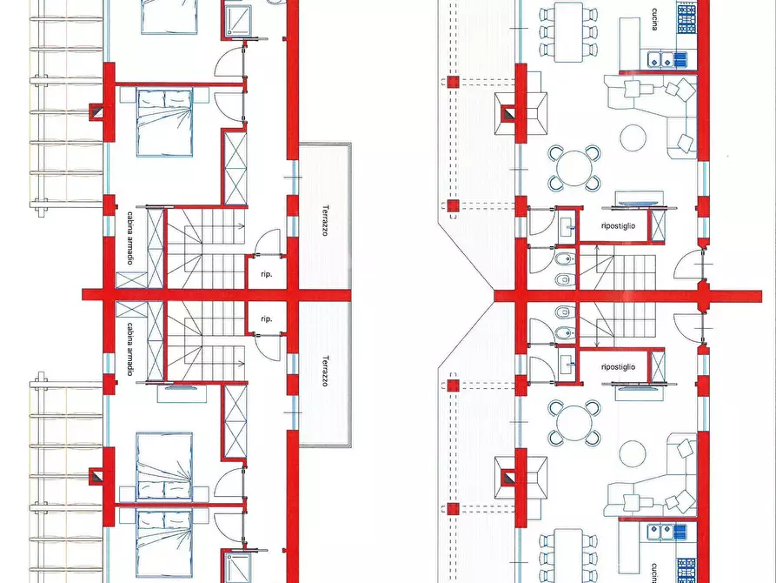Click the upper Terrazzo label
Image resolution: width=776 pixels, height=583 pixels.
325,221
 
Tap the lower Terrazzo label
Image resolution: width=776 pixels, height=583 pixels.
325,371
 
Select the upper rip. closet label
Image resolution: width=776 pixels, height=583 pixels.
266,274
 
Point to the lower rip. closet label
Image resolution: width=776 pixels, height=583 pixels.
266,318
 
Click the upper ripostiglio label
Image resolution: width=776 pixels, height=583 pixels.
618,226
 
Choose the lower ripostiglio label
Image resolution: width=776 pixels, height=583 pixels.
618,367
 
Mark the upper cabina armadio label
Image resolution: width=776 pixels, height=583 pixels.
129,238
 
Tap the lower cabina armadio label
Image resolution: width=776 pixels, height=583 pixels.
129,350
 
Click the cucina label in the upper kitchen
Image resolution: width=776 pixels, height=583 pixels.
654,19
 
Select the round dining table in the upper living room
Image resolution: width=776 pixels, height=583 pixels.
574,168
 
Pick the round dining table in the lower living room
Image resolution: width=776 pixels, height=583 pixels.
574,423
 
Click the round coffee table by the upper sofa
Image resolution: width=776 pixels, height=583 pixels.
633,137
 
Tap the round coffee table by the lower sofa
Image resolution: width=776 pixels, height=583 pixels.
633,453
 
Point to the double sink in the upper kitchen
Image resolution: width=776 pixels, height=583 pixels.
661,60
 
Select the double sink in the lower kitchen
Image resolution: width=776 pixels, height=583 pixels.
661,533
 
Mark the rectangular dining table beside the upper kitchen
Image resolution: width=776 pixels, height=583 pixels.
568,32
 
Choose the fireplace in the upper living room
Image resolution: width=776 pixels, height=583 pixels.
509,113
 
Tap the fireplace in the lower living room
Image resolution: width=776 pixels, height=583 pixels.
509,478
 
